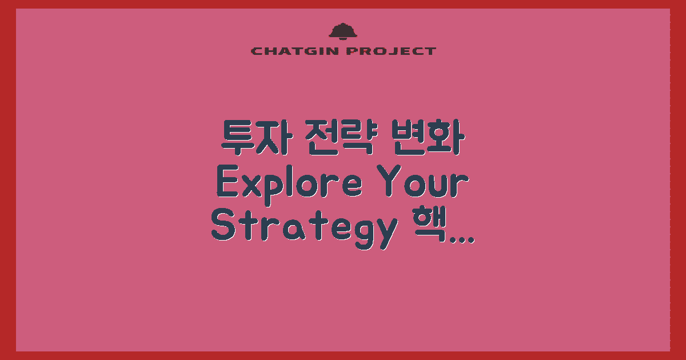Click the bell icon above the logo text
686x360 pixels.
342,31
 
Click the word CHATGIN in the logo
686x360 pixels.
295,51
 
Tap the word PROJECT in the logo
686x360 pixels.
391,51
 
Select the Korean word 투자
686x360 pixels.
255,137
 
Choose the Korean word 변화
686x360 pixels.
429,137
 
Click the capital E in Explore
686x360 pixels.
228,181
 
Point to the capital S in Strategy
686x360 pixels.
224,225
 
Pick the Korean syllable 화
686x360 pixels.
447,137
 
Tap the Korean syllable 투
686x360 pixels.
238,137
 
